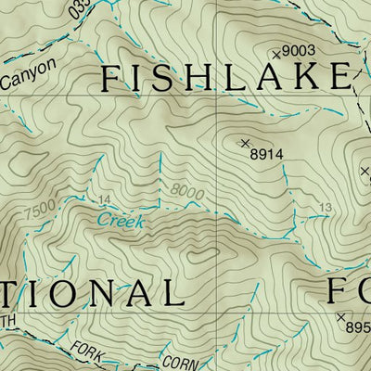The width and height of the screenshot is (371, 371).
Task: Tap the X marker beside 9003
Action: click(275, 55)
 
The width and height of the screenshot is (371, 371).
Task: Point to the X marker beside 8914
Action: click(245, 143)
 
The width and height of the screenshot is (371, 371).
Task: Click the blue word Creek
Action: click(120, 221)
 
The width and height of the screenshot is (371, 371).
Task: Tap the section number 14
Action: click(103, 200)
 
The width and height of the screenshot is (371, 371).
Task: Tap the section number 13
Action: click(324, 207)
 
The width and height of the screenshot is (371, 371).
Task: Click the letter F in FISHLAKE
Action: click(110, 79)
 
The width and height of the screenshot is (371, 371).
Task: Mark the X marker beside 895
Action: click(340, 316)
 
